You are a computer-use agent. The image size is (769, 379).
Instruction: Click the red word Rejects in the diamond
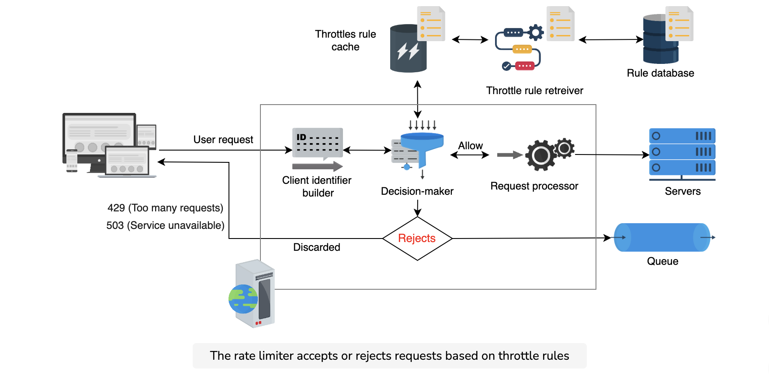(417, 238)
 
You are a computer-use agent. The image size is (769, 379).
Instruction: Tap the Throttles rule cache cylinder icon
(408, 48)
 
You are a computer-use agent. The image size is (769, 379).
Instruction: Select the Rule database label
(660, 73)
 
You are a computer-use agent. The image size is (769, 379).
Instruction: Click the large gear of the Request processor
(541, 155)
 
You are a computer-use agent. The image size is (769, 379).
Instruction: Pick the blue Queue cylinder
(662, 237)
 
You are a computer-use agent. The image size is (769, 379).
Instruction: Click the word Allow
(471, 146)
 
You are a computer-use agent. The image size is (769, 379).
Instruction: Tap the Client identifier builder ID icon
(318, 143)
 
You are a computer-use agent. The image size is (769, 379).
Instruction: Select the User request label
(223, 140)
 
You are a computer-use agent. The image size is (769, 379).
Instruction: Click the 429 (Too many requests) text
(166, 208)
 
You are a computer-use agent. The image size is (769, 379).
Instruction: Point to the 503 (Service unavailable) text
(166, 225)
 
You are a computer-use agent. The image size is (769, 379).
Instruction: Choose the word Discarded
(317, 247)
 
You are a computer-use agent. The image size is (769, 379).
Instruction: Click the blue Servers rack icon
(682, 154)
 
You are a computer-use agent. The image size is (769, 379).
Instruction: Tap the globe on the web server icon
(243, 299)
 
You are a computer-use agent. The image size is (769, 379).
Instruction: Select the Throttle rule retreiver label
(535, 91)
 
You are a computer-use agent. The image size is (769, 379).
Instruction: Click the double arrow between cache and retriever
(470, 39)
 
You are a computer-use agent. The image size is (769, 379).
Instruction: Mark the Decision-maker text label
(417, 191)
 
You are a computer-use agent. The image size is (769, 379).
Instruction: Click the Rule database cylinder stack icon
(660, 39)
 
